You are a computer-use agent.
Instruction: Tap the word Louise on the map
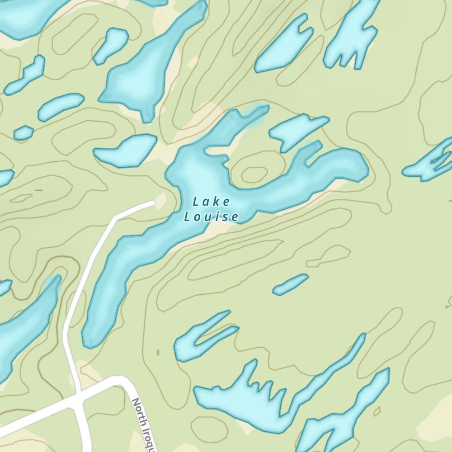point(211,217)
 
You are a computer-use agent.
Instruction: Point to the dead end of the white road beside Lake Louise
point(154,203)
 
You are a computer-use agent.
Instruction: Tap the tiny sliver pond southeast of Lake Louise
point(291,284)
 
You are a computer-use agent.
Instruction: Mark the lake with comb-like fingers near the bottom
point(240,398)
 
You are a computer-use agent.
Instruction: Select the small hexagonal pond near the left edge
point(24,132)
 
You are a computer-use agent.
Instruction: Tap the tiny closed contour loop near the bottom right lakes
point(377,411)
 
